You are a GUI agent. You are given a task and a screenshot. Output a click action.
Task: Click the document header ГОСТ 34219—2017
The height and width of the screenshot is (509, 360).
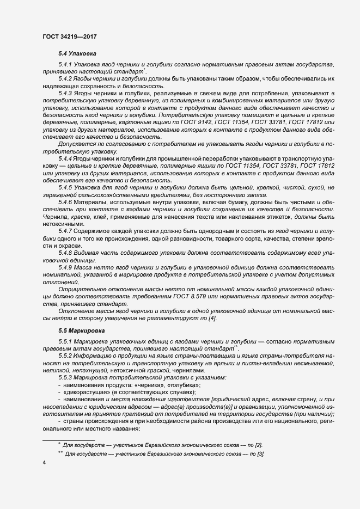tap(70, 37)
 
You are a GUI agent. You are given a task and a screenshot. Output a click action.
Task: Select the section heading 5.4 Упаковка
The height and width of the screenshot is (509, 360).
tap(77, 54)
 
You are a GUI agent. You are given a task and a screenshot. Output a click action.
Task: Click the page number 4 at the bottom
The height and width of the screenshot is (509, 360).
tap(44, 462)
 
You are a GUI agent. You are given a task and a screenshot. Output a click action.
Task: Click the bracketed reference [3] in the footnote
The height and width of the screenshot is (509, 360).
tap(261, 455)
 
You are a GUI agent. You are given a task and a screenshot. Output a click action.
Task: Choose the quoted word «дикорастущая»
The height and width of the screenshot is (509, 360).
tap(86, 392)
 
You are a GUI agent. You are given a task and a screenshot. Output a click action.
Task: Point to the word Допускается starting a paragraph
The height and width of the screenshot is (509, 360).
tap(76, 144)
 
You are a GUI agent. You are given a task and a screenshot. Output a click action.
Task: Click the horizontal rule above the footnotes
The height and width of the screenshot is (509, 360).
tap(69, 439)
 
